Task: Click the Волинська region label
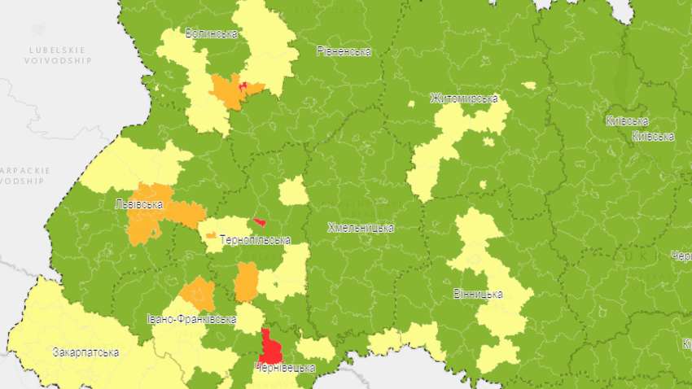pyautogui.click(x=211, y=34)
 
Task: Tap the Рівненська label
pyautogui.click(x=344, y=51)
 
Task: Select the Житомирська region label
pyautogui.click(x=464, y=99)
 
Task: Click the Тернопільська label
pyautogui.click(x=255, y=241)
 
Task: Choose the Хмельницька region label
pyautogui.click(x=361, y=228)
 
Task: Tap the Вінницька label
pyautogui.click(x=477, y=294)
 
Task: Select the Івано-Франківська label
pyautogui.click(x=192, y=319)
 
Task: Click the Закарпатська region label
pyautogui.click(x=85, y=353)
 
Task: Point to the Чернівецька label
pyautogui.click(x=284, y=369)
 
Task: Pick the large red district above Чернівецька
pyautogui.click(x=270, y=348)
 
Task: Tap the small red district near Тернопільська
pyautogui.click(x=260, y=221)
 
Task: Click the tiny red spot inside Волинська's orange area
pyautogui.click(x=243, y=84)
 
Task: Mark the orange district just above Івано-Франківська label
pyautogui.click(x=198, y=294)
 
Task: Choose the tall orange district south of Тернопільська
pyautogui.click(x=246, y=282)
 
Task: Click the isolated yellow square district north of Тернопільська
pyautogui.click(x=293, y=192)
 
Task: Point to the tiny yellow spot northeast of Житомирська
pyautogui.click(x=529, y=85)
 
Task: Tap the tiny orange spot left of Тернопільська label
pyautogui.click(x=211, y=235)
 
